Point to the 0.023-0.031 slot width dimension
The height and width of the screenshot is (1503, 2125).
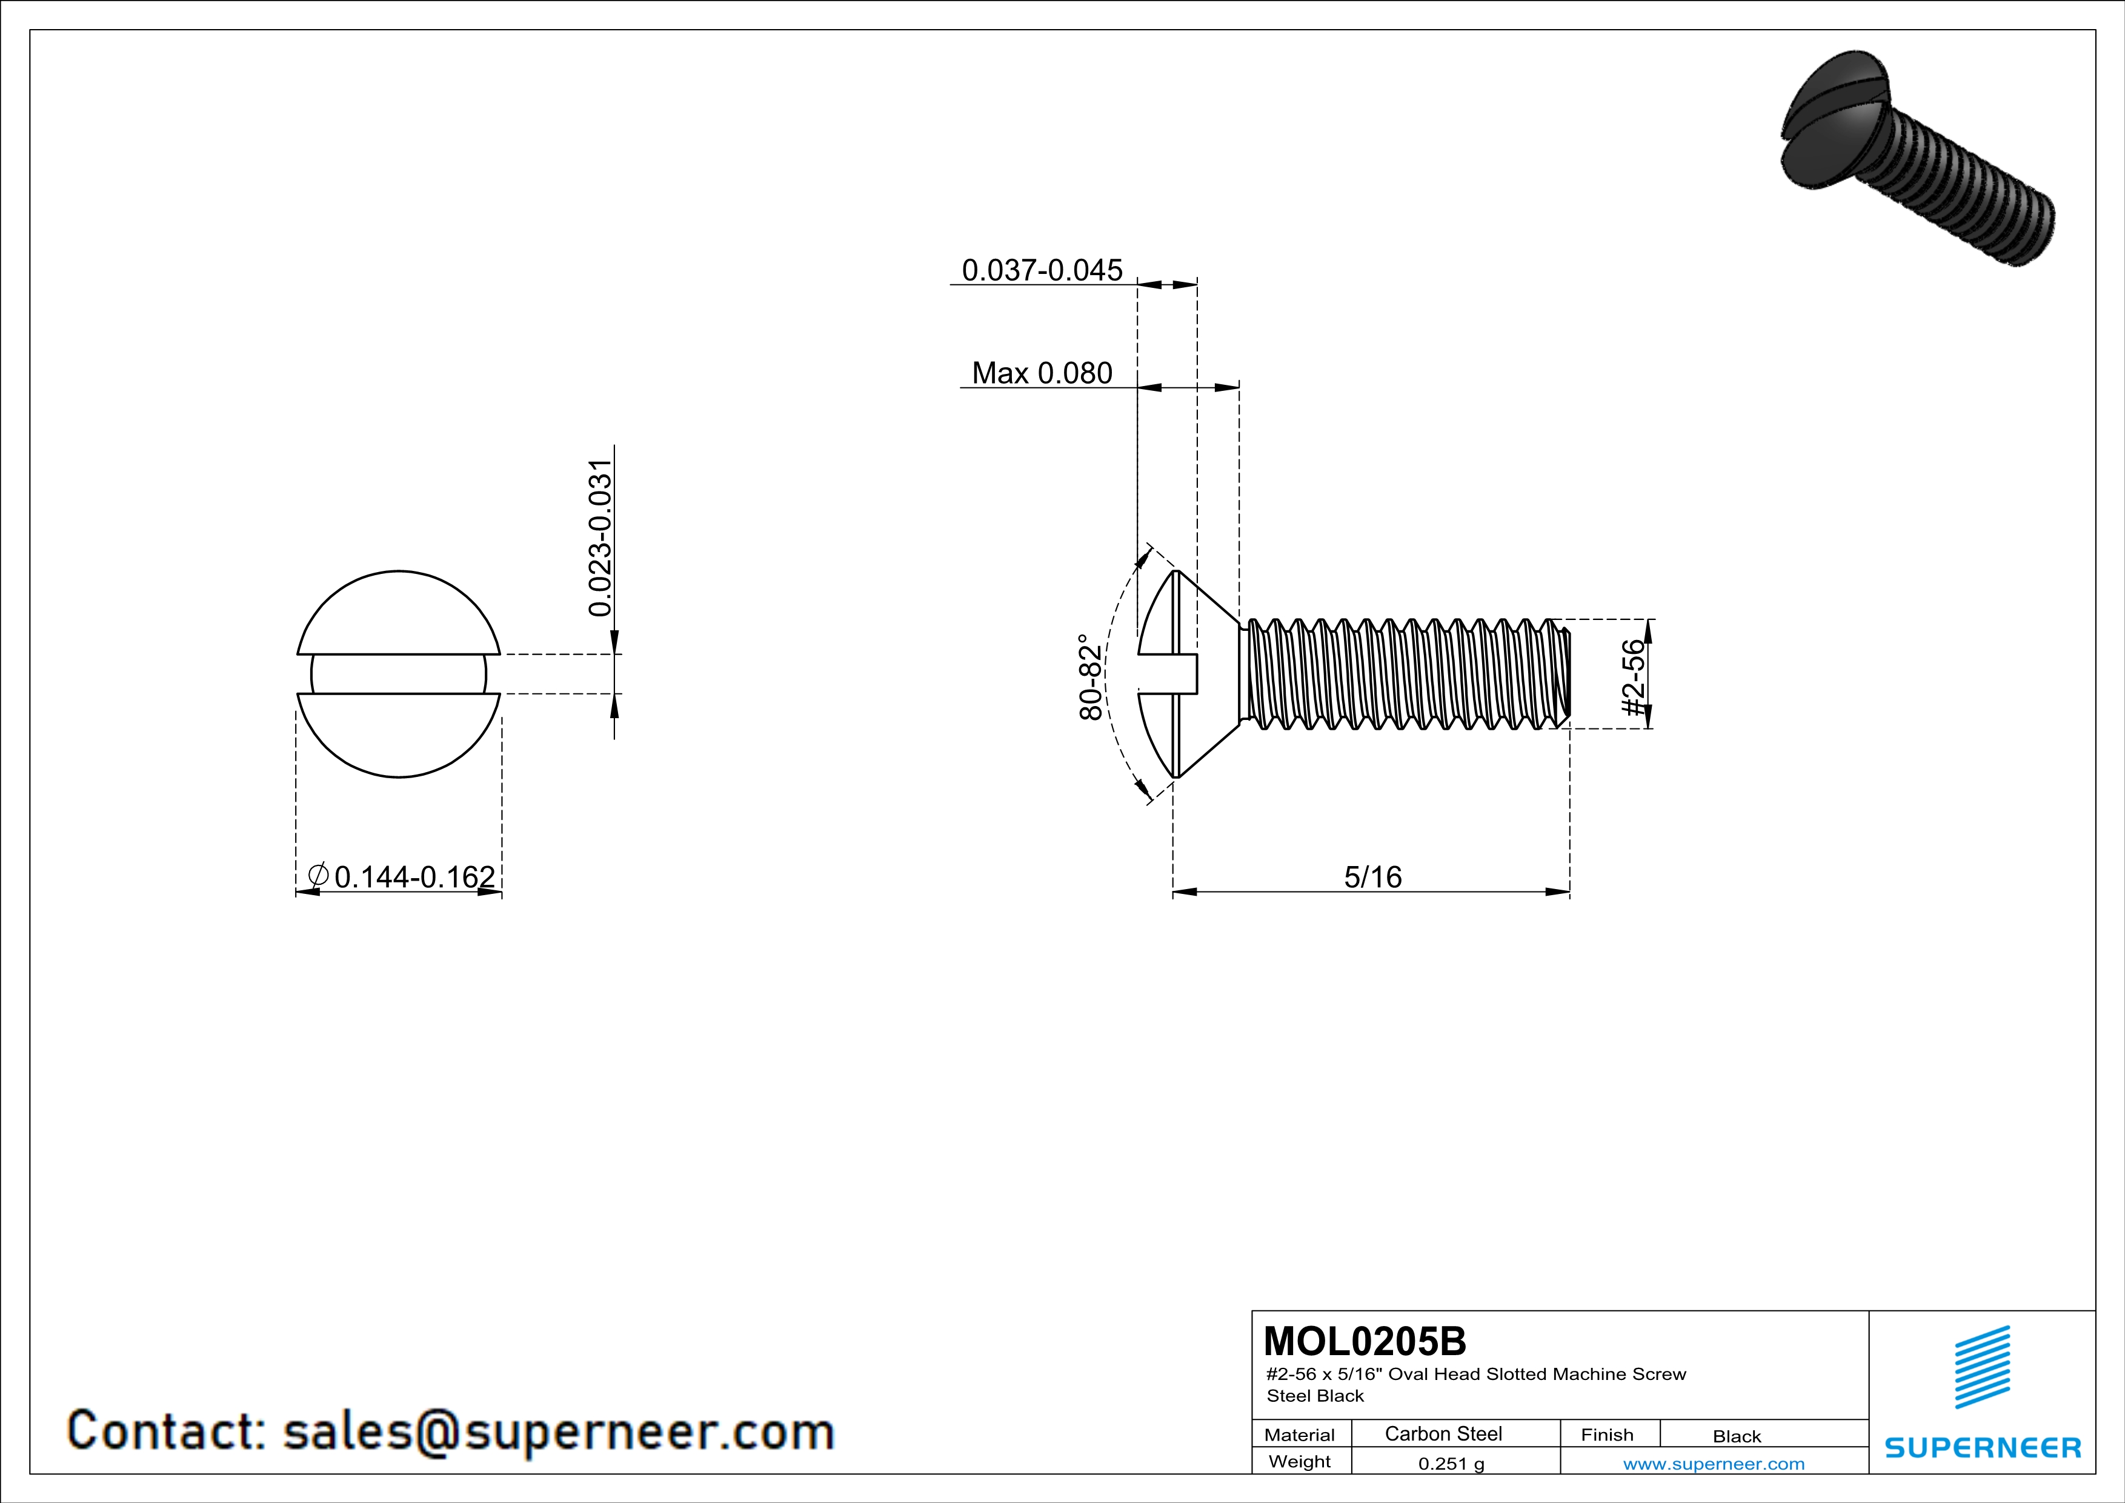[x=600, y=537]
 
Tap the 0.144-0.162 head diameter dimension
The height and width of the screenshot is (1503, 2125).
[x=414, y=876]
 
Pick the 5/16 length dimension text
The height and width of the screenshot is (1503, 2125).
[x=1372, y=876]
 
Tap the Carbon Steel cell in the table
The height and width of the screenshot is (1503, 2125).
[x=1442, y=1433]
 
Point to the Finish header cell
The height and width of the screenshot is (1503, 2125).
[x=1607, y=1435]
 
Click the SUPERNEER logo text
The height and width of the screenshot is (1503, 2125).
[x=1983, y=1447]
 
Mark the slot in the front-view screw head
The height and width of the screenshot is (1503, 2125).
[x=398, y=674]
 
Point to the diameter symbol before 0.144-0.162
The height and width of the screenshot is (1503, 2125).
[x=318, y=875]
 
